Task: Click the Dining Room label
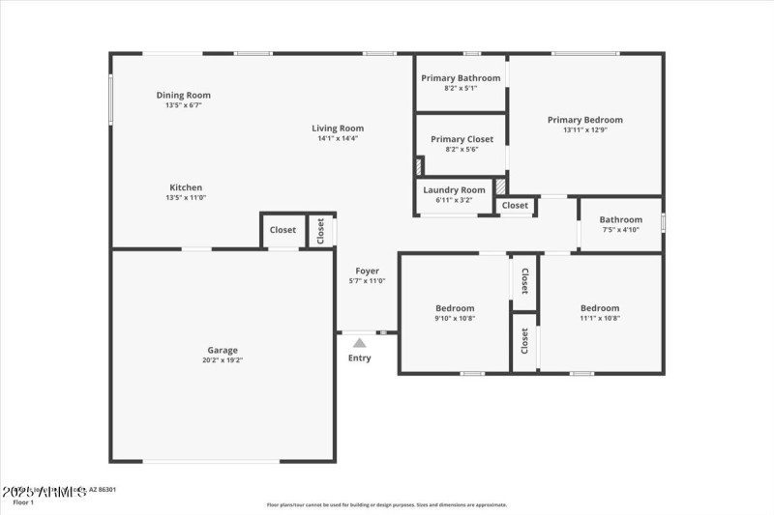[x=184, y=96]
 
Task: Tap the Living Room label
[x=338, y=129]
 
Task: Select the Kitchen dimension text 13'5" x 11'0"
[x=186, y=197]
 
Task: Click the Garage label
[x=223, y=351]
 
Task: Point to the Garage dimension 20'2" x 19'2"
[x=223, y=360]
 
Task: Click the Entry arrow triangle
[x=359, y=342]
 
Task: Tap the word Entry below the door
[x=359, y=358]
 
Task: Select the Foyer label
[x=367, y=272]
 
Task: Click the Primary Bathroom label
[x=461, y=78]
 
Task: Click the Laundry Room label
[x=454, y=190]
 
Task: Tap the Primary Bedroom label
[x=585, y=120]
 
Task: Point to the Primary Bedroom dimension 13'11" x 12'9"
[x=585, y=130]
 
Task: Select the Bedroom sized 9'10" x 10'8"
[x=455, y=308]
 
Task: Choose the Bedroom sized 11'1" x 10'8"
[x=600, y=308]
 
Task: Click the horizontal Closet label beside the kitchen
[x=283, y=230]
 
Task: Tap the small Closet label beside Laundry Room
[x=515, y=205]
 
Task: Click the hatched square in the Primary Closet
[x=418, y=166]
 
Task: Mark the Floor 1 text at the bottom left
[x=23, y=502]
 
